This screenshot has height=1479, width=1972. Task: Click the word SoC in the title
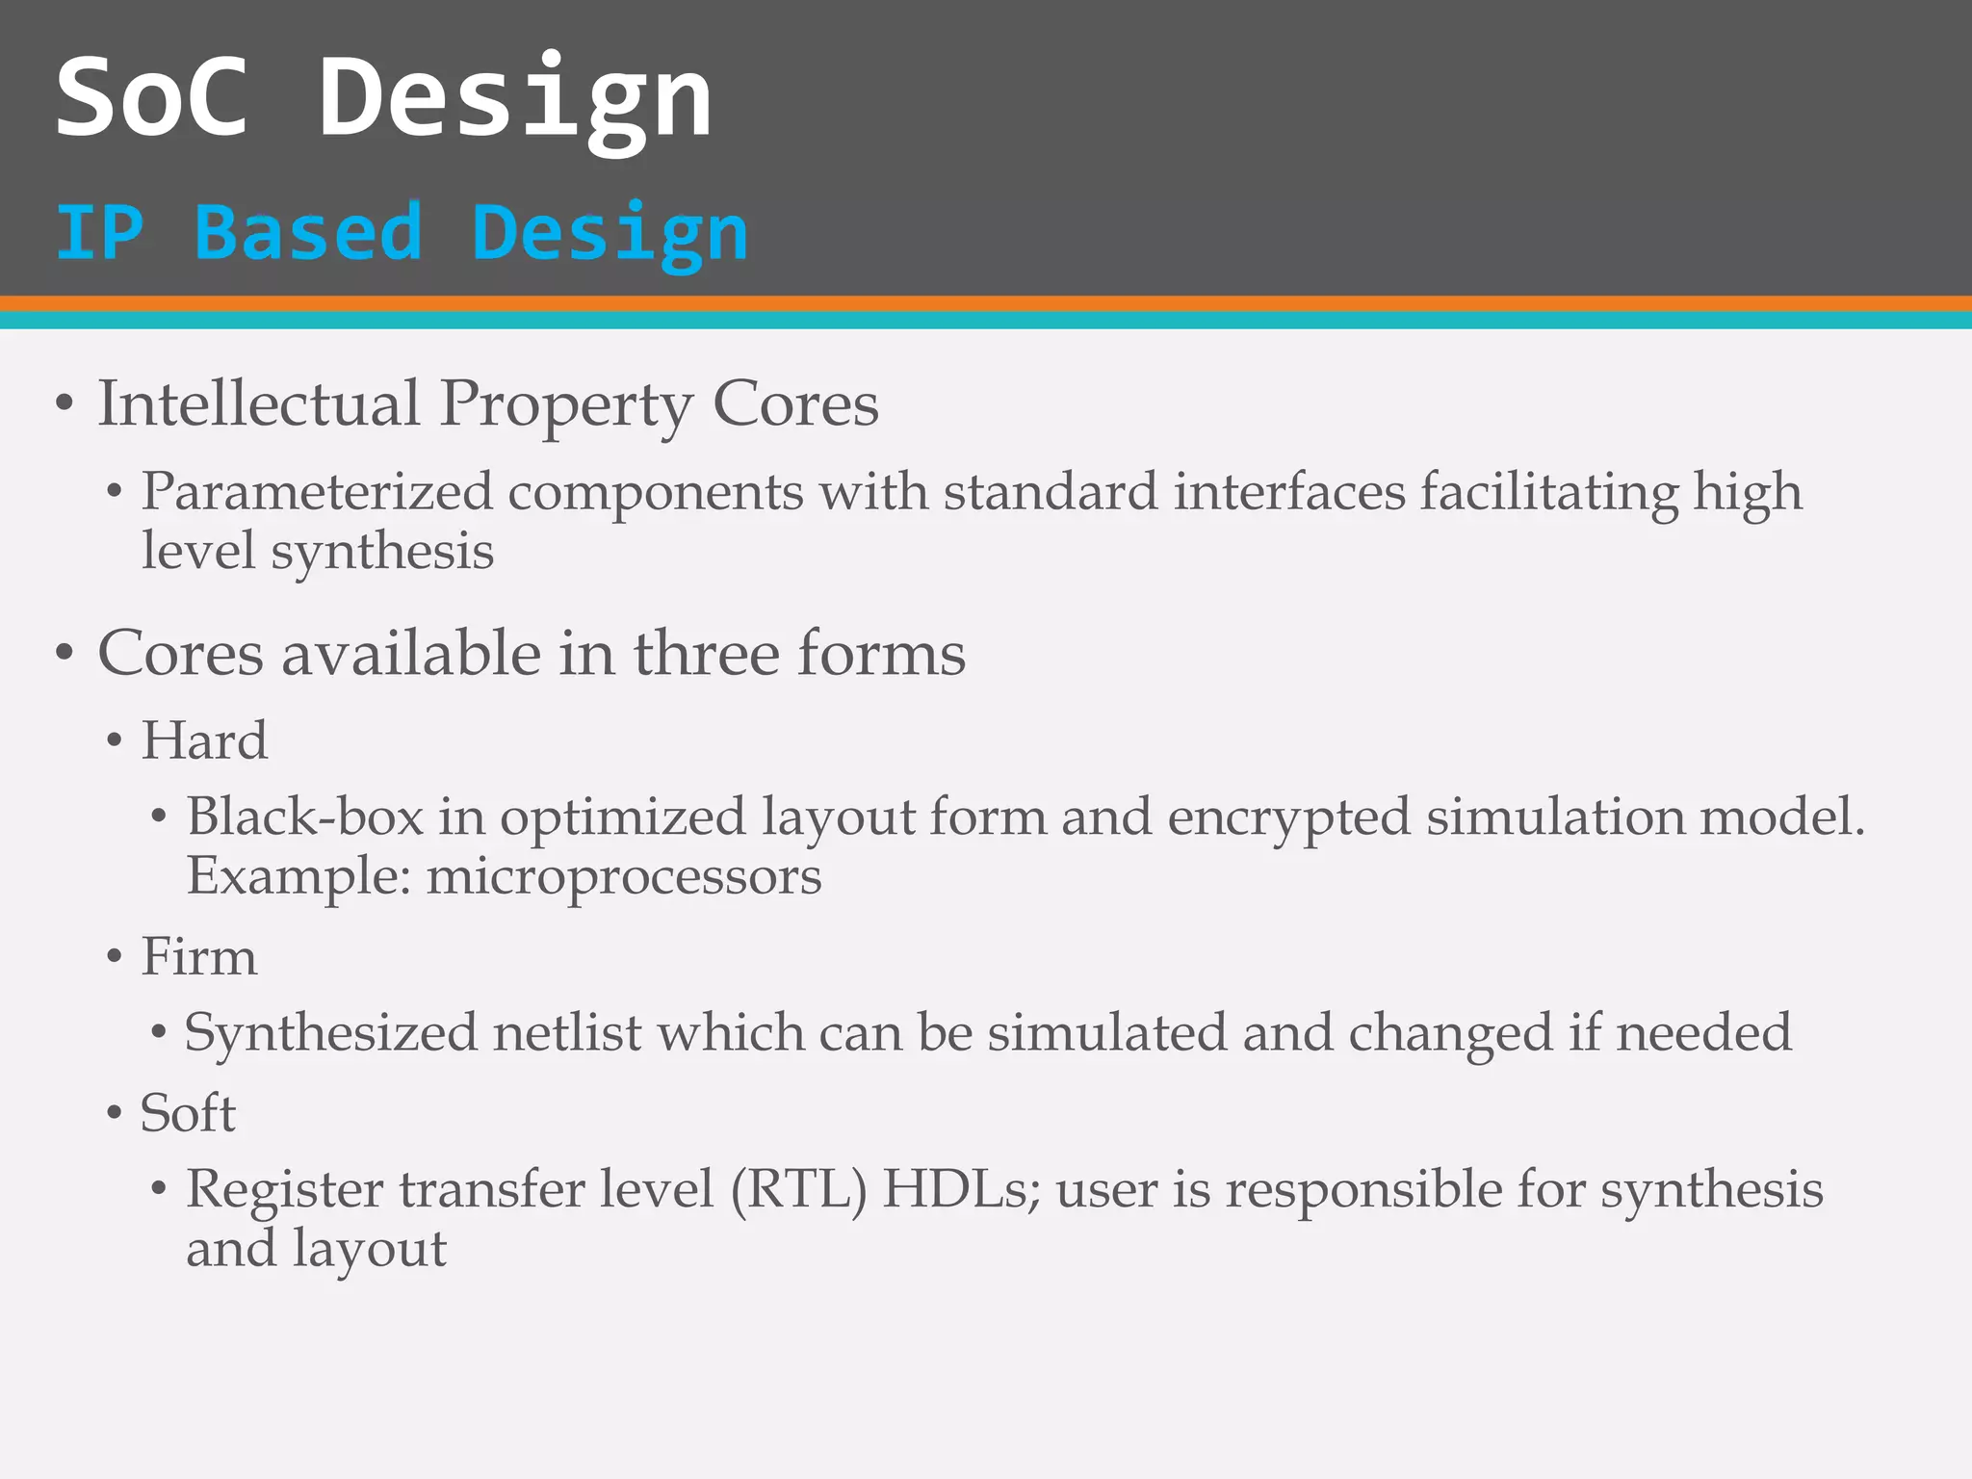pos(152,97)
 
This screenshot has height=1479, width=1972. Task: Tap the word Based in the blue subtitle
pos(308,233)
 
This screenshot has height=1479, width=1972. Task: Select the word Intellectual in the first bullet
pos(259,403)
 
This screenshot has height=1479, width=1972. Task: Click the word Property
pos(566,405)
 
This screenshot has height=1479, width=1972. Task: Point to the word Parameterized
pos(317,492)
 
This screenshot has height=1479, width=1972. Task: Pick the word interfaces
pos(1289,492)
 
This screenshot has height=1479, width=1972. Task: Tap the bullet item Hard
pos(204,740)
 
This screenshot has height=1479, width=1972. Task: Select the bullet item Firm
pos(199,957)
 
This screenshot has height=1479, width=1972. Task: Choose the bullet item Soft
pos(188,1113)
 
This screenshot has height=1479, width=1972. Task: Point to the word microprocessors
pos(624,876)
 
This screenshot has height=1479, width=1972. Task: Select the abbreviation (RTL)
pos(798,1189)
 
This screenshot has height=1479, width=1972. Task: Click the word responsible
pos(1362,1189)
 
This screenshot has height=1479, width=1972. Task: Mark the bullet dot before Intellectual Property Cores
pos(65,405)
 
